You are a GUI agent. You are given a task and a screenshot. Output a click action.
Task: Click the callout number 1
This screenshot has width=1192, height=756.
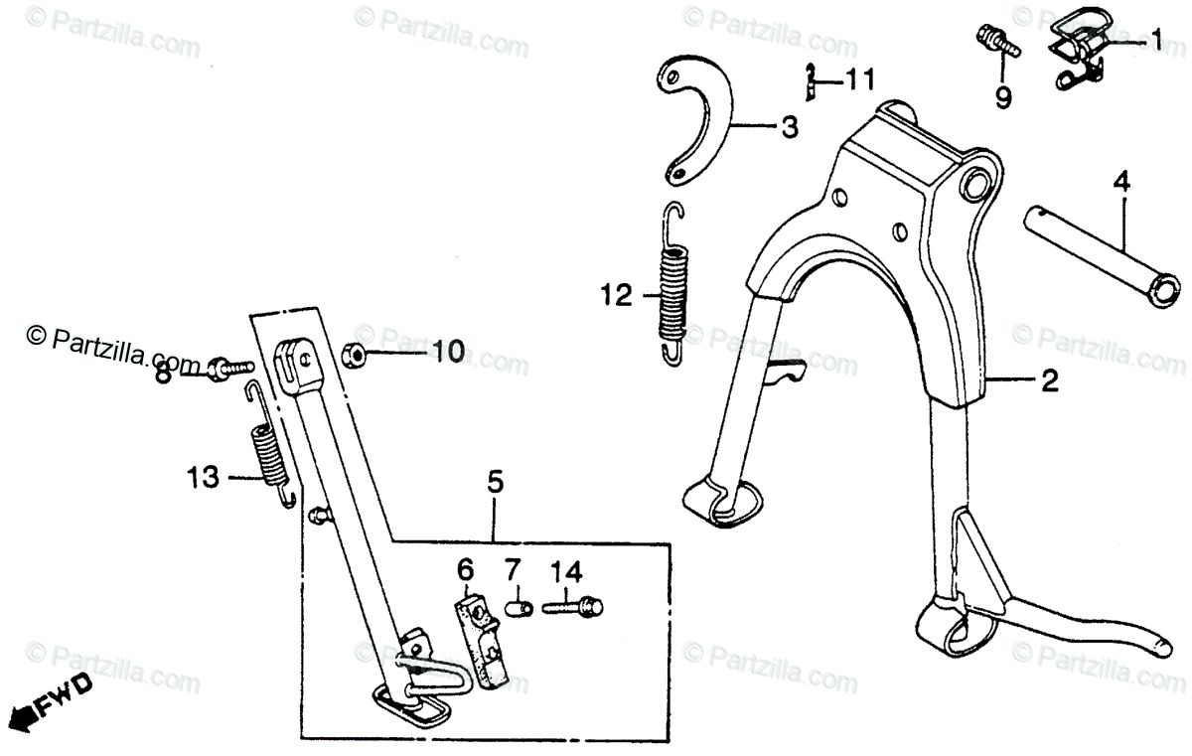coord(1156,40)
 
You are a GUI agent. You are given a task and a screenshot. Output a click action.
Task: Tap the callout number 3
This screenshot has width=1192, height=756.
coord(788,127)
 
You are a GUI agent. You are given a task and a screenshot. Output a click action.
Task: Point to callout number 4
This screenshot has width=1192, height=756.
coord(1120,182)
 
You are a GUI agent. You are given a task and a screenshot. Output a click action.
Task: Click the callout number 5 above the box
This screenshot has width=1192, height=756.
coord(495,483)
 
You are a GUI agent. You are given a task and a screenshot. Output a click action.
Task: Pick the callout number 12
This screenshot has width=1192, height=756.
coord(616,296)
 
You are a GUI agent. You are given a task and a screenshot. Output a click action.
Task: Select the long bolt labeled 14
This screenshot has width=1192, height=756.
coord(576,604)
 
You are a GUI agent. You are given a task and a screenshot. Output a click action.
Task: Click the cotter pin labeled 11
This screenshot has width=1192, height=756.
coord(811,81)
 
